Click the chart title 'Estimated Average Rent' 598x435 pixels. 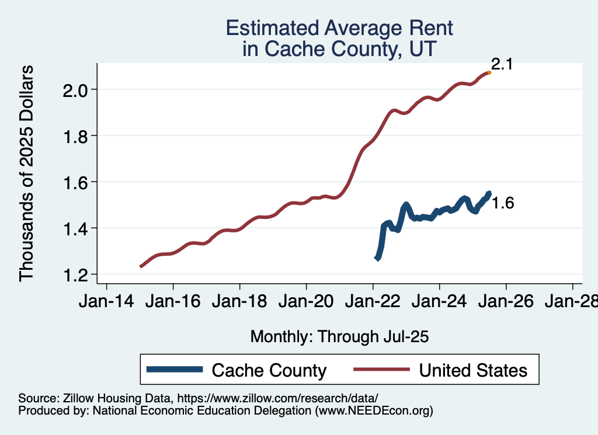[339, 28]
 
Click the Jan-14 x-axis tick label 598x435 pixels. [106, 302]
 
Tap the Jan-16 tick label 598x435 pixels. [173, 302]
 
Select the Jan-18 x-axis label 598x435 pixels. [239, 302]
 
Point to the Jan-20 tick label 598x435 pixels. [306, 302]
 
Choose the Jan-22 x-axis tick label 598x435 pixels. [373, 302]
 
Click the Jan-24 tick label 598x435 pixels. [439, 302]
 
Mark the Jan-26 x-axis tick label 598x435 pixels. [506, 302]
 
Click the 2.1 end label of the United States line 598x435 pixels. [502, 64]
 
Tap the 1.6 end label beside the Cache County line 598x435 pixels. [502, 203]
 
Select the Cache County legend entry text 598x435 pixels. [269, 370]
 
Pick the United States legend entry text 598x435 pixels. [473, 370]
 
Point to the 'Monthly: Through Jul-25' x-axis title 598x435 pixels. [339, 336]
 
